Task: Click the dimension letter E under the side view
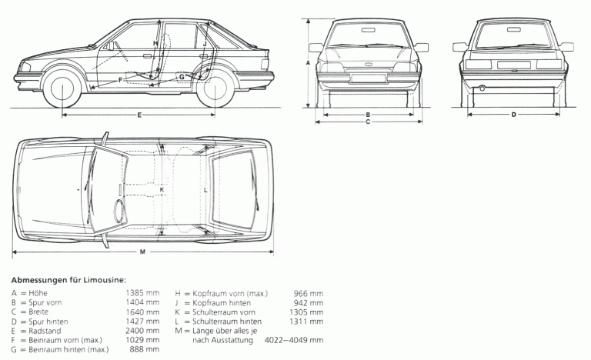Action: pyautogui.click(x=139, y=115)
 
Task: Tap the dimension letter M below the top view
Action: pyautogui.click(x=142, y=252)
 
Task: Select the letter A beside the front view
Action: pyautogui.click(x=308, y=63)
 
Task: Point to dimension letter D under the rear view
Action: pyautogui.click(x=514, y=115)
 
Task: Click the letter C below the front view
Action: pyautogui.click(x=368, y=122)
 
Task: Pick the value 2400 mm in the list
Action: pyautogui.click(x=142, y=331)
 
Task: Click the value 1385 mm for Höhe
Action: pyautogui.click(x=142, y=293)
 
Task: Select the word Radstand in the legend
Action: pyautogui.click(x=45, y=331)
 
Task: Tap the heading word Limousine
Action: pyautogui.click(x=105, y=280)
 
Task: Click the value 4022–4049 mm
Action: pyautogui.click(x=294, y=340)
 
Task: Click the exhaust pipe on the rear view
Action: pyautogui.click(x=482, y=88)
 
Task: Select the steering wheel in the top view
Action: pyautogui.click(x=120, y=208)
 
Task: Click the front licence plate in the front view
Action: pyautogui.click(x=369, y=78)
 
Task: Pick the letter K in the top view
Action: pyautogui.click(x=162, y=189)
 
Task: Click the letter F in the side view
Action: pyautogui.click(x=120, y=80)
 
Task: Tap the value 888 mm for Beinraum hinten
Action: pyautogui.click(x=147, y=349)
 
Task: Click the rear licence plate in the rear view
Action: pyautogui.click(x=514, y=65)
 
